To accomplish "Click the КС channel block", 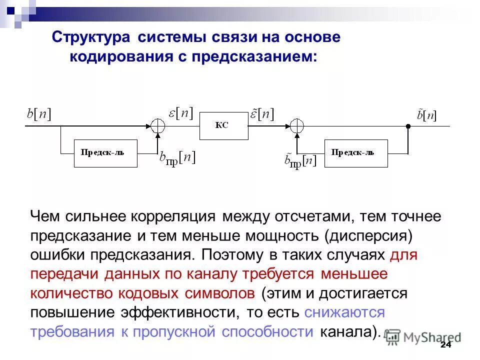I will [223, 126].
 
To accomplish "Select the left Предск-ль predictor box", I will [105, 153].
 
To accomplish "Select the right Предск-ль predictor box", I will [355, 153].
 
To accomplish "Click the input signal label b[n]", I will [39, 114].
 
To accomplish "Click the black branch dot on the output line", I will [408, 126].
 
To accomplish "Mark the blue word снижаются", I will [344, 312].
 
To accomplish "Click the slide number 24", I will [445, 346].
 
